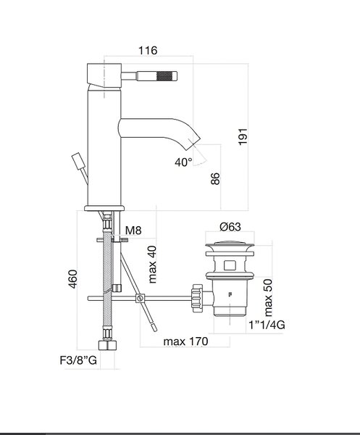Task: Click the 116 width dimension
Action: pos(148,51)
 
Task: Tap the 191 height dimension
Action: pos(243,136)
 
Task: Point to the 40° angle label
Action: pos(183,162)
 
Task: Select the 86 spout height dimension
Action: pos(215,178)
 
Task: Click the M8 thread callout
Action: pos(133,230)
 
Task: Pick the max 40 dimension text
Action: pos(152,265)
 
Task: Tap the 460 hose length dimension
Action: pos(72,279)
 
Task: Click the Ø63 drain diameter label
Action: pos(230,227)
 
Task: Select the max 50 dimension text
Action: pos(268,298)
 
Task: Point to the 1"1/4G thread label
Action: pos(267,325)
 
